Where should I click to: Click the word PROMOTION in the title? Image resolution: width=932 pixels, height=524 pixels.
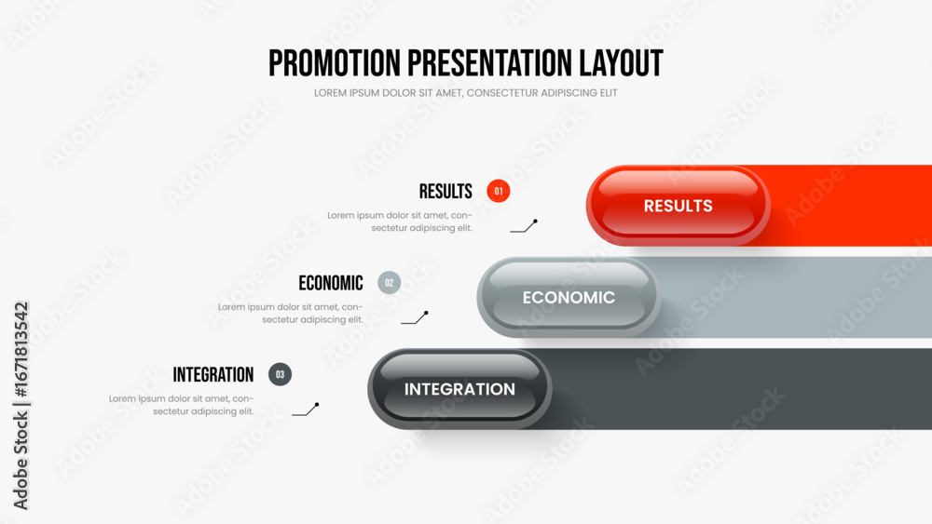pos(335,63)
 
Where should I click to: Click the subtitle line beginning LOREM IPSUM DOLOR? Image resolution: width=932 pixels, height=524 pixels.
pos(465,93)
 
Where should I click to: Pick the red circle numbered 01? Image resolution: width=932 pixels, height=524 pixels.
pos(498,191)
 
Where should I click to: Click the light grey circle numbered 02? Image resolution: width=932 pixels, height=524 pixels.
pos(390,283)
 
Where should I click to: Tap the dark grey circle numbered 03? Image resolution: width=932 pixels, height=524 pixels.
pos(280,374)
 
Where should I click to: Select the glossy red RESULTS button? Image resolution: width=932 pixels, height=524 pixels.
pos(678,206)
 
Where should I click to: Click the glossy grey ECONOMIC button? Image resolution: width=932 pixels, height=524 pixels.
pos(569,297)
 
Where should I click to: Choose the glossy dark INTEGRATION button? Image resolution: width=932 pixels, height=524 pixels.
pos(459,389)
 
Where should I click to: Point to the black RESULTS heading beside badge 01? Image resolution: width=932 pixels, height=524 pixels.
pos(445,192)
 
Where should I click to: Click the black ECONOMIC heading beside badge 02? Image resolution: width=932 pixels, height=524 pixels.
pos(331,283)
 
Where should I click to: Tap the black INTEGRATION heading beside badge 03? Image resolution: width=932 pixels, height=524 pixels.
pos(213,375)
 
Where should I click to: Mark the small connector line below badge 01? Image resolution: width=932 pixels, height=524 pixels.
pos(524,227)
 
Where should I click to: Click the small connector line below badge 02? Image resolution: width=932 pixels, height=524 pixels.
pos(415,318)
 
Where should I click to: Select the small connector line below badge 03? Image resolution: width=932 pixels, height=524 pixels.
pos(306,410)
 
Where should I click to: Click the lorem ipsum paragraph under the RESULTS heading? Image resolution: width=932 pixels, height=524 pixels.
pos(400,222)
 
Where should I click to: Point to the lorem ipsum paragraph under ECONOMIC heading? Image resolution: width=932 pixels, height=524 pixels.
pos(290,314)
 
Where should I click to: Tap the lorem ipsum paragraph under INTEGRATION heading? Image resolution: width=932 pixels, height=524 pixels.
pos(182,405)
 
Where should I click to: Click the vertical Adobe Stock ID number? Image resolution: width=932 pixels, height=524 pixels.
pos(21,350)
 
